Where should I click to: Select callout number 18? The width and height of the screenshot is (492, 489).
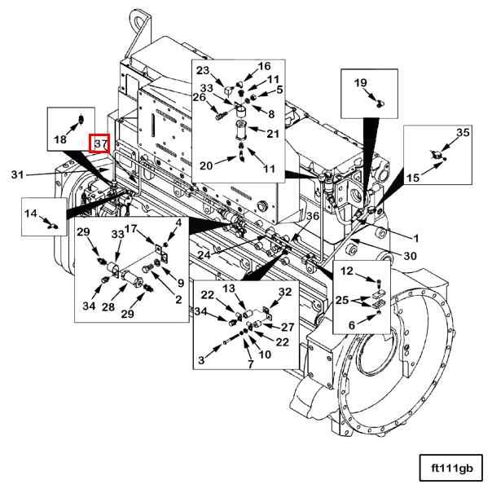point(60,139)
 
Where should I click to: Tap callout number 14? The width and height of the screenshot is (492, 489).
point(31,214)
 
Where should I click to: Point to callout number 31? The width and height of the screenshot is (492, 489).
point(18,174)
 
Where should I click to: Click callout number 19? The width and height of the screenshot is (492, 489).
point(361,83)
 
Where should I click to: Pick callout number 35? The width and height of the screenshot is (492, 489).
point(463,133)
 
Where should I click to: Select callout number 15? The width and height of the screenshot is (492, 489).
point(413,178)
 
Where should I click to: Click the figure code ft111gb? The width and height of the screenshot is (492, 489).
point(452,469)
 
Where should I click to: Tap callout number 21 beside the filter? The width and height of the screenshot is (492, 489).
point(273,134)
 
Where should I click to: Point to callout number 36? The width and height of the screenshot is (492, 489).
point(313,216)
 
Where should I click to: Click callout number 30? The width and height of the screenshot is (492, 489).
point(410,256)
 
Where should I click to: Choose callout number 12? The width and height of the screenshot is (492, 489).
point(347,271)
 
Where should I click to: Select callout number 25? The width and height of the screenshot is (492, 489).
point(342,300)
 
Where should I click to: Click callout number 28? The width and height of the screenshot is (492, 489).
point(108,307)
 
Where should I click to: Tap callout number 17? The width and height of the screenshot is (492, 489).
point(131,228)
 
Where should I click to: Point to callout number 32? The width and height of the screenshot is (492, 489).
point(285,292)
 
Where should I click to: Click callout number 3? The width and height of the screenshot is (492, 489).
point(201,360)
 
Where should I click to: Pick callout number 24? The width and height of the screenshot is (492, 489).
point(204,254)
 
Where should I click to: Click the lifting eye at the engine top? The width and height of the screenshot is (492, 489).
point(139,23)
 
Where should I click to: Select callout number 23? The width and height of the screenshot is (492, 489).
point(203,70)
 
